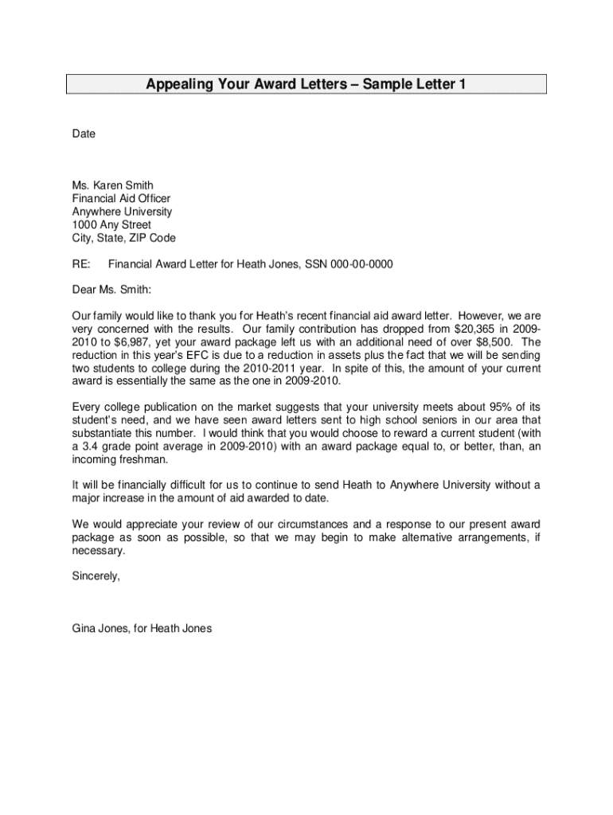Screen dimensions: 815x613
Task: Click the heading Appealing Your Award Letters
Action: [x=306, y=84]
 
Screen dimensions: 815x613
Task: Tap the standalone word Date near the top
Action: [x=84, y=134]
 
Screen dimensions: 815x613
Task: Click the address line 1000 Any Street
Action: [x=111, y=225]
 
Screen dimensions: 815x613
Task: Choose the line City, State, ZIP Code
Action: [x=124, y=238]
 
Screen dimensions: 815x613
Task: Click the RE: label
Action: [x=81, y=264]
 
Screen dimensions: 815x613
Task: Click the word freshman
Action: [x=143, y=459]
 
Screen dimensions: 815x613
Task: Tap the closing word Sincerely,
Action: [x=96, y=576]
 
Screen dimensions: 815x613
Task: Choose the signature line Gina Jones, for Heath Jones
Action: [x=142, y=628]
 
